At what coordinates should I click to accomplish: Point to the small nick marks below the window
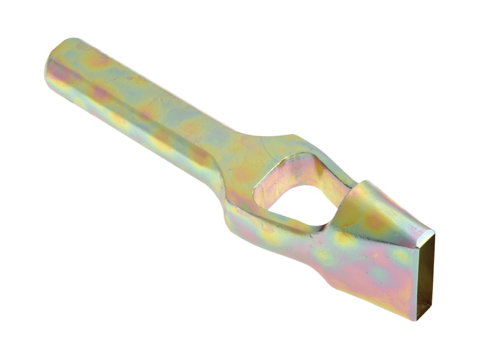pos(319,238)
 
